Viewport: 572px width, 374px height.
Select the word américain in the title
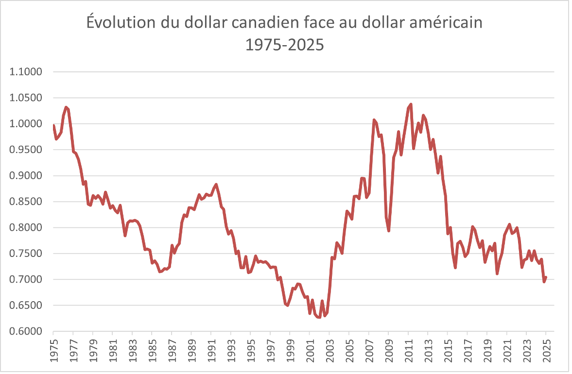point(439,23)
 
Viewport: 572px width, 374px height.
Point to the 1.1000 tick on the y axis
point(26,72)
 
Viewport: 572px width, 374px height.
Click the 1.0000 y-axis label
point(26,124)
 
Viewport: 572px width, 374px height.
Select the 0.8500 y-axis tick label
point(26,202)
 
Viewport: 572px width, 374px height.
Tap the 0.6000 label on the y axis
point(26,331)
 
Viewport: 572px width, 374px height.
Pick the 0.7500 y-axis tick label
point(26,254)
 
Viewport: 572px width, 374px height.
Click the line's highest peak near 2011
point(411,104)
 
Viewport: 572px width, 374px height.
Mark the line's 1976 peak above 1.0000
point(66,107)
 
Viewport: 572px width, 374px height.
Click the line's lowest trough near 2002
point(319,318)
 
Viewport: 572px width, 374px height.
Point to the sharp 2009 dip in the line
point(389,230)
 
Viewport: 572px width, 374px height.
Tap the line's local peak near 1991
point(216,185)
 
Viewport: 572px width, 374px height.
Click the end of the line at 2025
point(546,277)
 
